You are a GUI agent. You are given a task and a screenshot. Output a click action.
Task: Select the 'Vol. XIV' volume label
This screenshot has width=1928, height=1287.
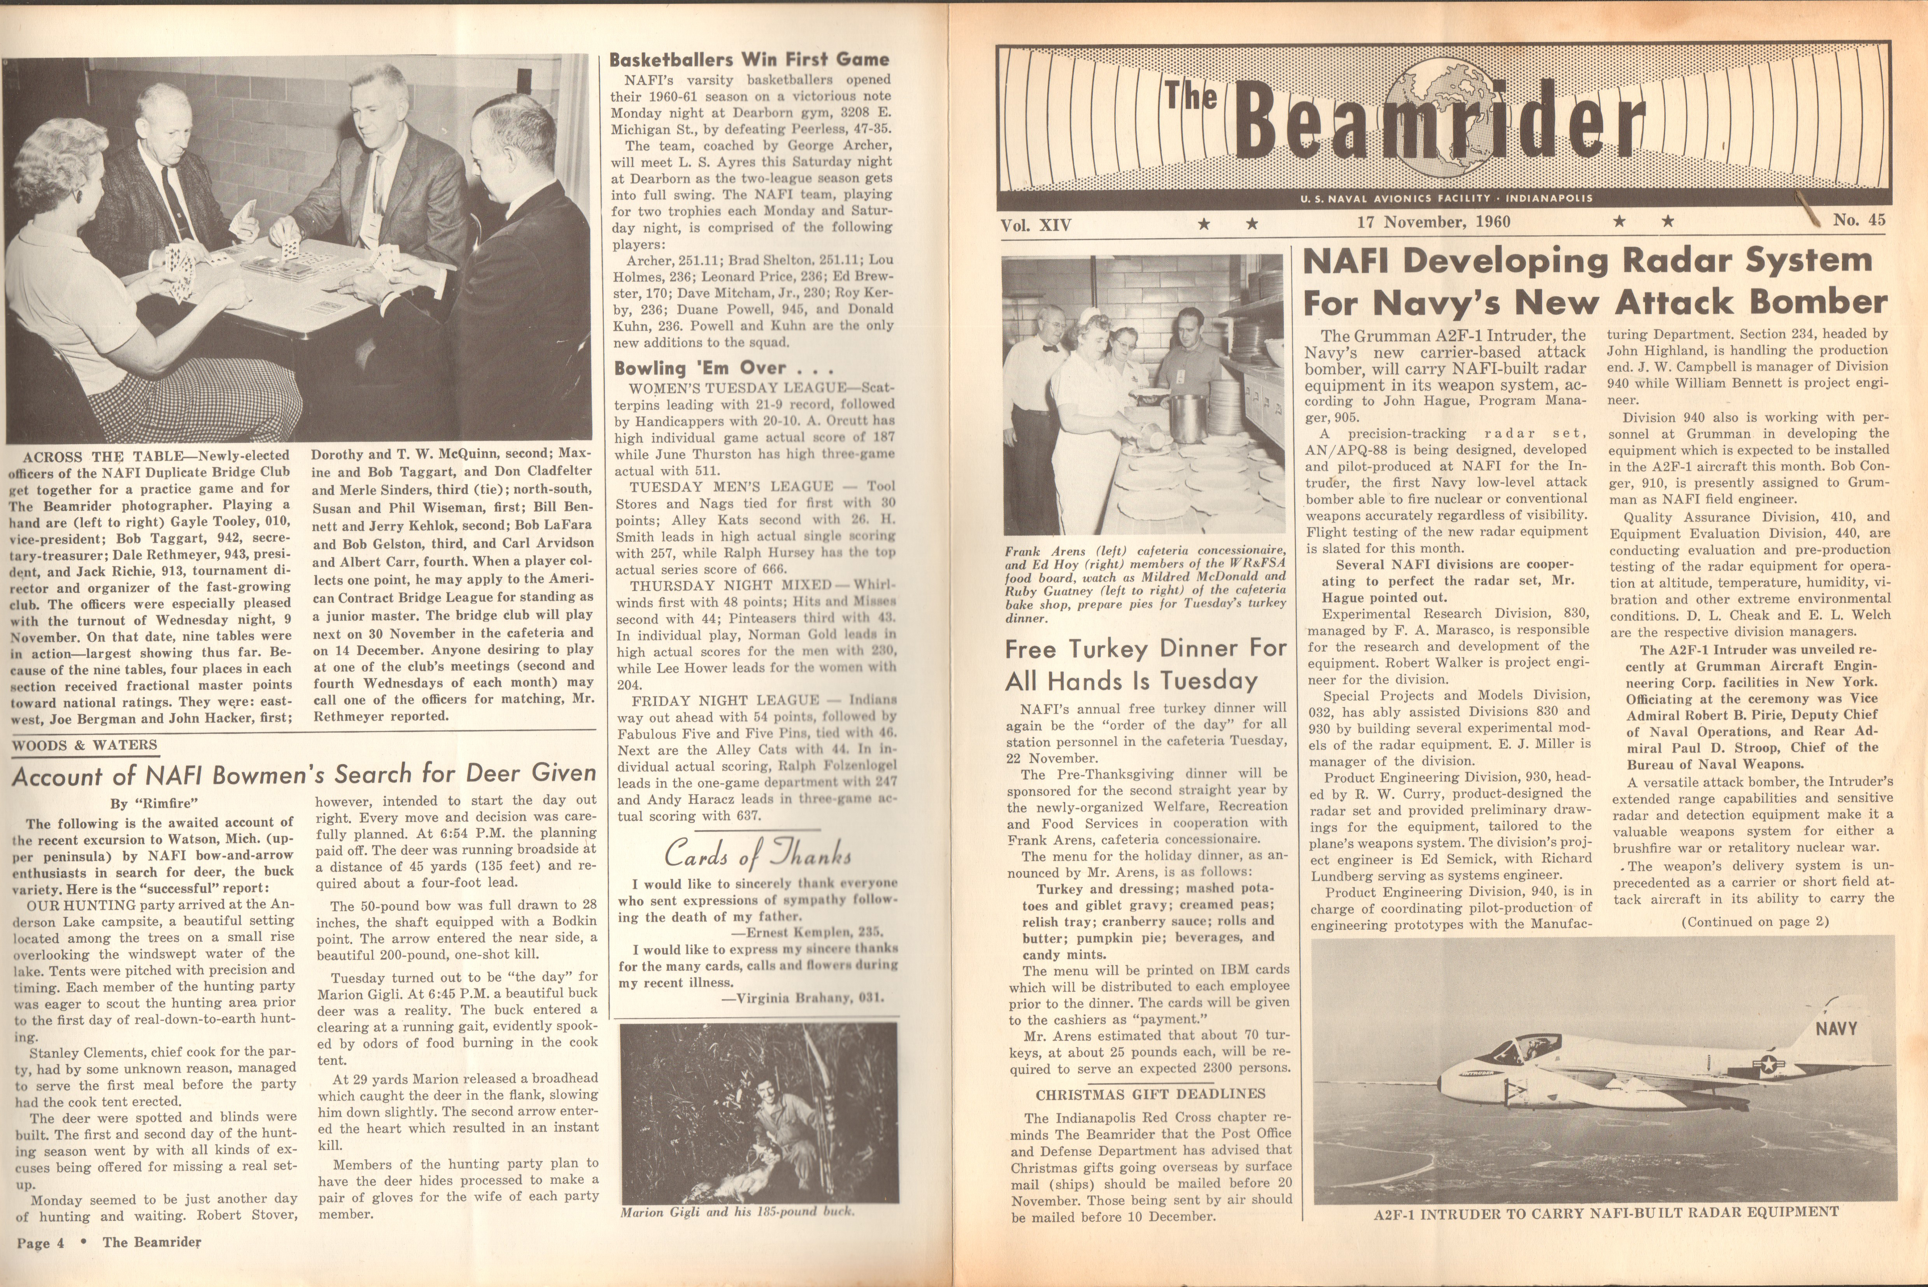(x=1036, y=224)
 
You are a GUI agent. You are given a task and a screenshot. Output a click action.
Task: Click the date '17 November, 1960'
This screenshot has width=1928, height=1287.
(x=1433, y=222)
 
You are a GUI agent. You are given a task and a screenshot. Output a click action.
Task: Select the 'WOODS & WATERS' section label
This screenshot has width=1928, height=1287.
(x=84, y=745)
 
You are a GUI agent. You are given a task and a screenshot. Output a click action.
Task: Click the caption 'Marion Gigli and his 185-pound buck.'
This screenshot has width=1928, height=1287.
(x=737, y=1212)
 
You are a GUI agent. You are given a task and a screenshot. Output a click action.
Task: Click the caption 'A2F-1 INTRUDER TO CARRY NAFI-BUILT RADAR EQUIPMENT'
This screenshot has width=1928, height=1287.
(x=1605, y=1212)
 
